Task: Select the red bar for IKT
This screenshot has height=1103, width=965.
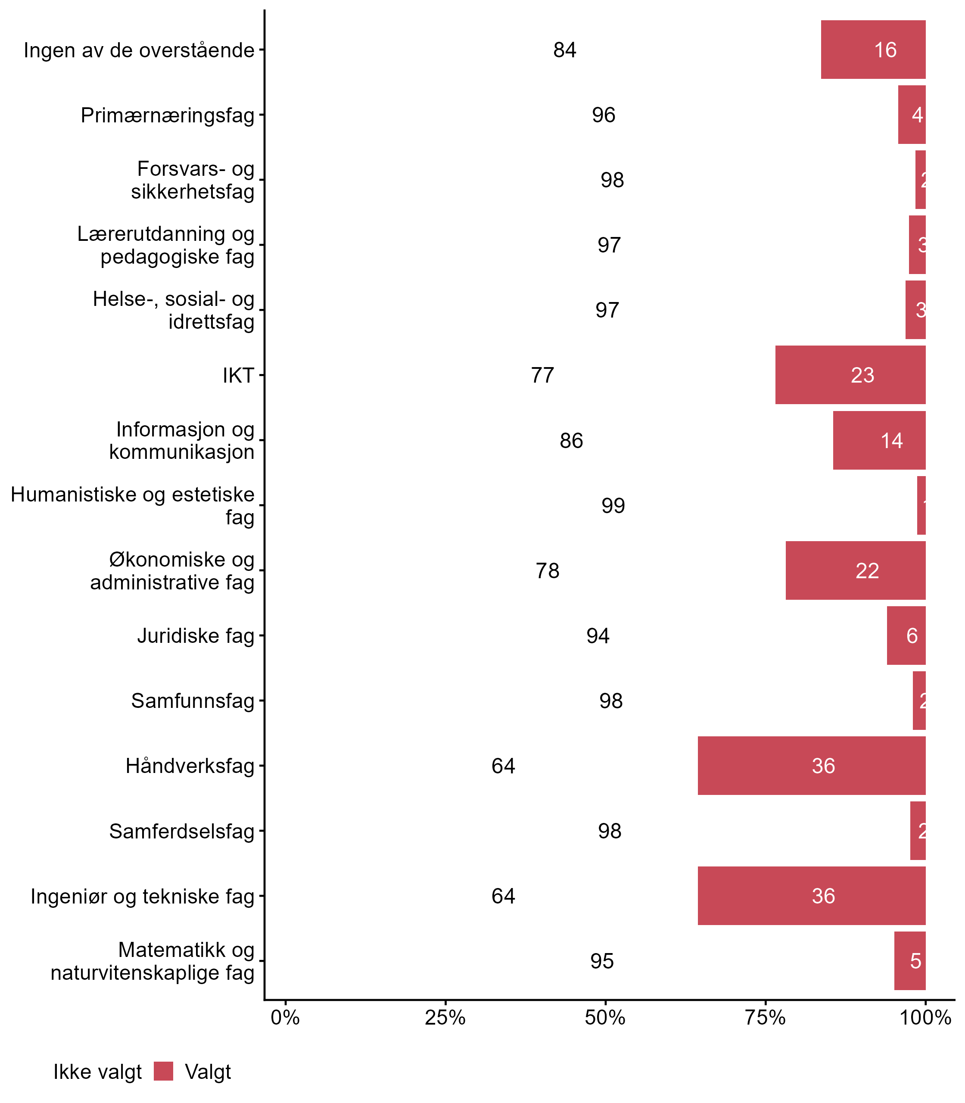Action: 850,375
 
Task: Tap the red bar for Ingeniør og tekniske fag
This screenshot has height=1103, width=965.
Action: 812,896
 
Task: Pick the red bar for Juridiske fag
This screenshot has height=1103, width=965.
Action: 906,636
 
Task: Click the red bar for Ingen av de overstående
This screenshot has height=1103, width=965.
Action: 873,50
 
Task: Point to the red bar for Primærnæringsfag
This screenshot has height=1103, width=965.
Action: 912,115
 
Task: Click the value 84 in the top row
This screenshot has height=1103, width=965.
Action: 565,50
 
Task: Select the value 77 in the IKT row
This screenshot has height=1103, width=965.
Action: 542,375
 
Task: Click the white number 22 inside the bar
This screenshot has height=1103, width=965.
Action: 867,571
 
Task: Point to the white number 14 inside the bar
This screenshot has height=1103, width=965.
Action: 892,440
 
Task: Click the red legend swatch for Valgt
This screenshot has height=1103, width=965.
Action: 163,1071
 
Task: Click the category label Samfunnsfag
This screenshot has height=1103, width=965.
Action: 193,701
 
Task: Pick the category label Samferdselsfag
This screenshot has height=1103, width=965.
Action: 182,831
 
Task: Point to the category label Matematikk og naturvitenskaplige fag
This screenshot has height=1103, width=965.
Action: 153,961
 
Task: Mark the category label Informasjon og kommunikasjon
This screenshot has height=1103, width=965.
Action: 182,440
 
